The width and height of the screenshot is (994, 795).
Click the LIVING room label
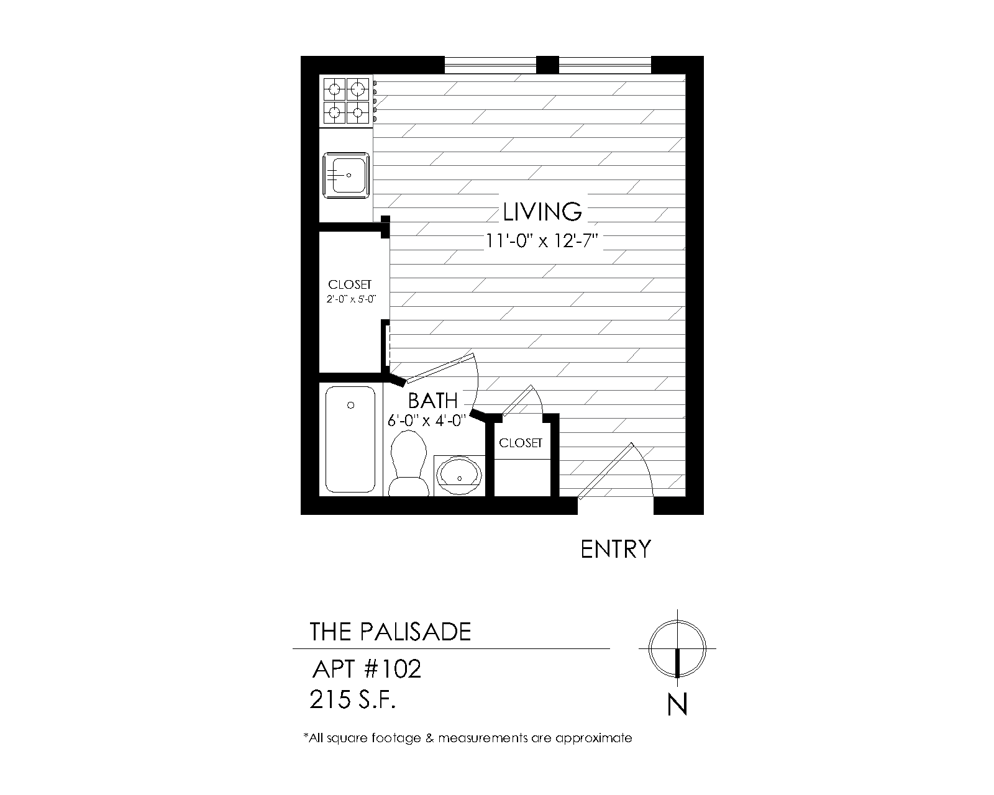[x=542, y=212]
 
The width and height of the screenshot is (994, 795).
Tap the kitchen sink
[x=346, y=175]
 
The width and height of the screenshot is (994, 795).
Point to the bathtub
[x=350, y=439]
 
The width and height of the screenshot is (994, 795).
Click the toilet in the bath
[x=408, y=463]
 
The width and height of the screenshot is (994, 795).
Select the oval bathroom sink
[x=460, y=476]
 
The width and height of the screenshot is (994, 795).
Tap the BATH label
[x=432, y=401]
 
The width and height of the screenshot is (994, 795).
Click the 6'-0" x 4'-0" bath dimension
[x=427, y=421]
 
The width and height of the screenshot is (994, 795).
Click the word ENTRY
[x=616, y=549]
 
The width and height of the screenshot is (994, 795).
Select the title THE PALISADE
[x=390, y=632]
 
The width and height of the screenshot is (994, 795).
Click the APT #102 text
[x=367, y=670]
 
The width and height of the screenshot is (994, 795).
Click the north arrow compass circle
[x=677, y=649]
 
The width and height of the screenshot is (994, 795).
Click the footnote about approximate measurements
[x=467, y=738]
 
